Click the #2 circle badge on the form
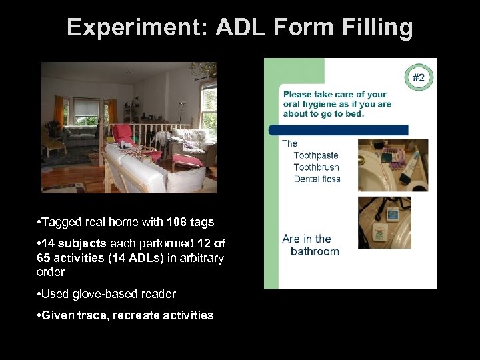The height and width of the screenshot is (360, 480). coord(418,78)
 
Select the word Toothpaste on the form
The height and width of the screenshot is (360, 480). coord(316,155)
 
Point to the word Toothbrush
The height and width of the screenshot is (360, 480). coord(316,167)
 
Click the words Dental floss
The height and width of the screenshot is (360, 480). coord(317,179)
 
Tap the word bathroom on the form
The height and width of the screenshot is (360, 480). coord(315,251)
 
